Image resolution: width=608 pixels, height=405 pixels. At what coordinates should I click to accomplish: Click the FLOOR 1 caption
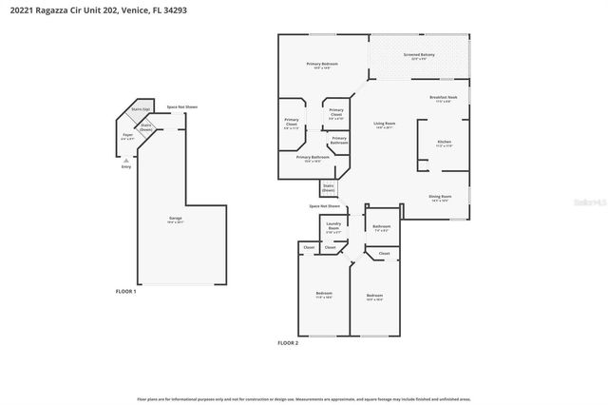coord(126,291)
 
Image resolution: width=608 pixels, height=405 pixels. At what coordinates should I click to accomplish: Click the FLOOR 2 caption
coord(288,342)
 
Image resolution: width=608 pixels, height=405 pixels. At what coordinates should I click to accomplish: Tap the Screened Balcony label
coord(418,56)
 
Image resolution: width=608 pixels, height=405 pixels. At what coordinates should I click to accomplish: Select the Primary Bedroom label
coord(323,66)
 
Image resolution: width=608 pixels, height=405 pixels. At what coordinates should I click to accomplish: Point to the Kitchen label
coord(444,145)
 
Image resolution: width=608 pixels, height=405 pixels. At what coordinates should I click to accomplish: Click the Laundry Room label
coord(333,226)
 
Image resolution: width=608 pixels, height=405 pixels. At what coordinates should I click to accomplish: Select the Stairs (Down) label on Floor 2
coord(329,187)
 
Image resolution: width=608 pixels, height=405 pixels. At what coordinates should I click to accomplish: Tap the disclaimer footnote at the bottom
coord(303,399)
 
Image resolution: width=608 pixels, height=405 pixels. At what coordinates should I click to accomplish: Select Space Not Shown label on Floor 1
coord(182,107)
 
